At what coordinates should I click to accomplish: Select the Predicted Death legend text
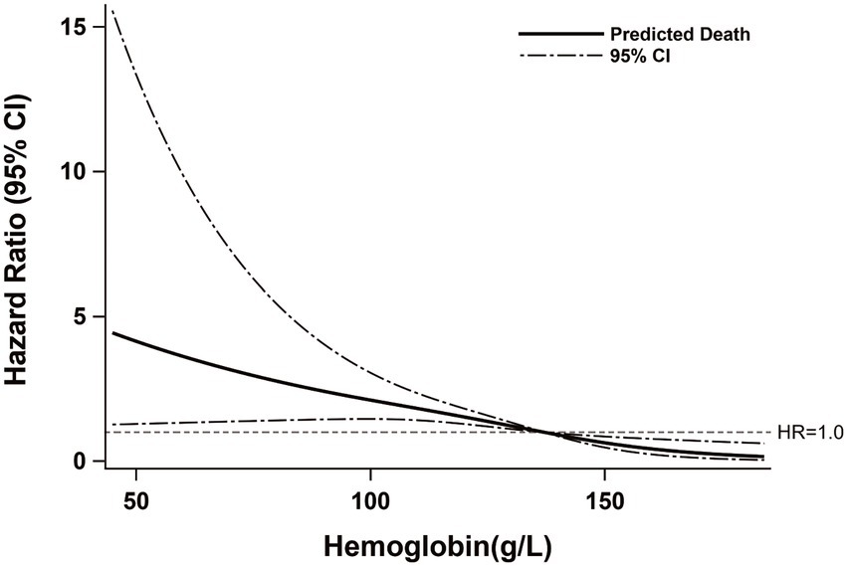[680, 34]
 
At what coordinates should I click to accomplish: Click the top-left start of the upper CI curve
[112, 11]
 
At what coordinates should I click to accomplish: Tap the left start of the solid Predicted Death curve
[112, 333]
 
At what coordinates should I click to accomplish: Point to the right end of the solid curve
[762, 457]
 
